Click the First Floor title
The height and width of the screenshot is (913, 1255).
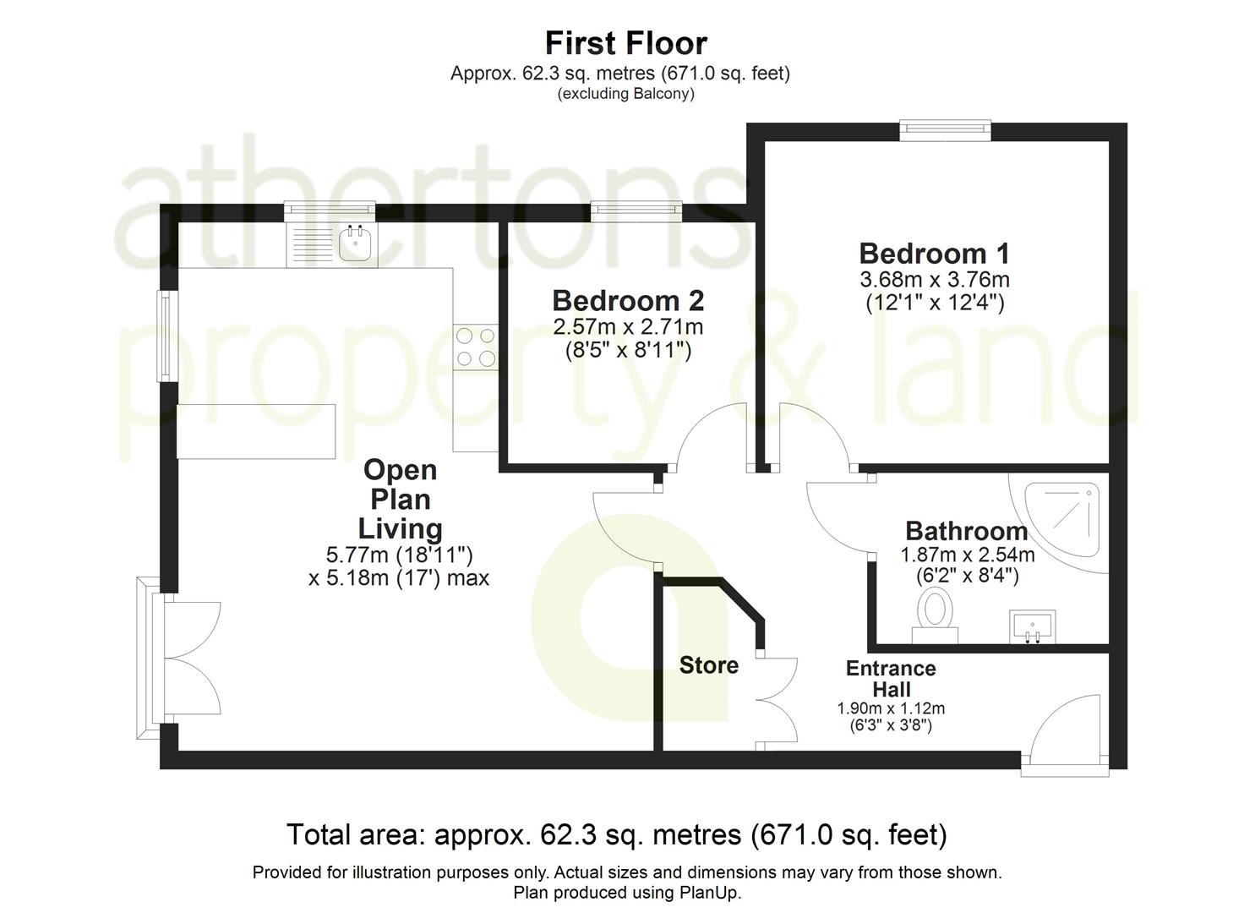pyautogui.click(x=625, y=42)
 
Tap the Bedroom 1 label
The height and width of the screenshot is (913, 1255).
pyautogui.click(x=934, y=254)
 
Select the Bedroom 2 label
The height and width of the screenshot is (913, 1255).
pyautogui.click(x=628, y=300)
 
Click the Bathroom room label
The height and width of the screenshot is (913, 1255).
pyautogui.click(x=966, y=531)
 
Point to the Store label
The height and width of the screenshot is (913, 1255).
pyautogui.click(x=708, y=665)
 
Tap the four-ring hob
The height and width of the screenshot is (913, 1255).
pyautogui.click(x=475, y=347)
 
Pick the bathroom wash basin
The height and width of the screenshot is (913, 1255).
pyautogui.click(x=1032, y=626)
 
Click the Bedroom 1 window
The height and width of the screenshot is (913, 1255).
pyautogui.click(x=944, y=128)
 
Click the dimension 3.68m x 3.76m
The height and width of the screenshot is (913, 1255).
pyautogui.click(x=934, y=279)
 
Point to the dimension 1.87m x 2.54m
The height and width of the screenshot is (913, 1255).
pyautogui.click(x=967, y=555)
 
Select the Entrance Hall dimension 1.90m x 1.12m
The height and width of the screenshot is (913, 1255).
pyautogui.click(x=891, y=708)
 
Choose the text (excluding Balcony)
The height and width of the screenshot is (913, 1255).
pyautogui.click(x=625, y=94)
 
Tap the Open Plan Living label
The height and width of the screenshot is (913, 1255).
pyautogui.click(x=399, y=499)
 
